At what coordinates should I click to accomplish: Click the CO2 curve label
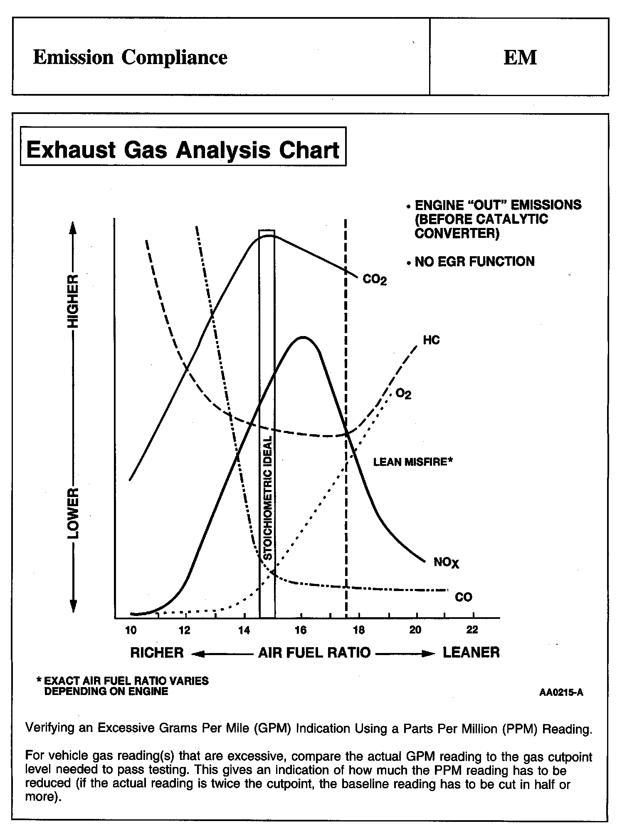375,279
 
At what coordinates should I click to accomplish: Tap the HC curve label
431,340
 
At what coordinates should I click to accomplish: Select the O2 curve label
403,393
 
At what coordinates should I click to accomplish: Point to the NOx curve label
446,563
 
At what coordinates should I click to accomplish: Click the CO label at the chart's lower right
463,597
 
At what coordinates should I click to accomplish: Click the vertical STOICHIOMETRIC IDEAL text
268,497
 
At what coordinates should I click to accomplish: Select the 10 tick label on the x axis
131,631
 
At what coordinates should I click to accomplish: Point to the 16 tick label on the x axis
301,631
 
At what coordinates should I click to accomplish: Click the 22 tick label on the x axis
472,631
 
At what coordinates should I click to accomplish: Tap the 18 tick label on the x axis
358,631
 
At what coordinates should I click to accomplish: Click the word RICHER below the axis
157,653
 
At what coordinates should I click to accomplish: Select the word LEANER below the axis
471,652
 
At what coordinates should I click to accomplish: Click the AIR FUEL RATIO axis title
314,653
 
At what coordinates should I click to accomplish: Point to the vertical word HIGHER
73,300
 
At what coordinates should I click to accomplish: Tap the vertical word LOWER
73,513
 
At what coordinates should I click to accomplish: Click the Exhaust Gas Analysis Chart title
183,150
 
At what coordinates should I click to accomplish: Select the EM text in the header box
520,57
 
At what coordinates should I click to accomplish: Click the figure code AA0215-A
561,693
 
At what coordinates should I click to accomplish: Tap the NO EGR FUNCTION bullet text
474,262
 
